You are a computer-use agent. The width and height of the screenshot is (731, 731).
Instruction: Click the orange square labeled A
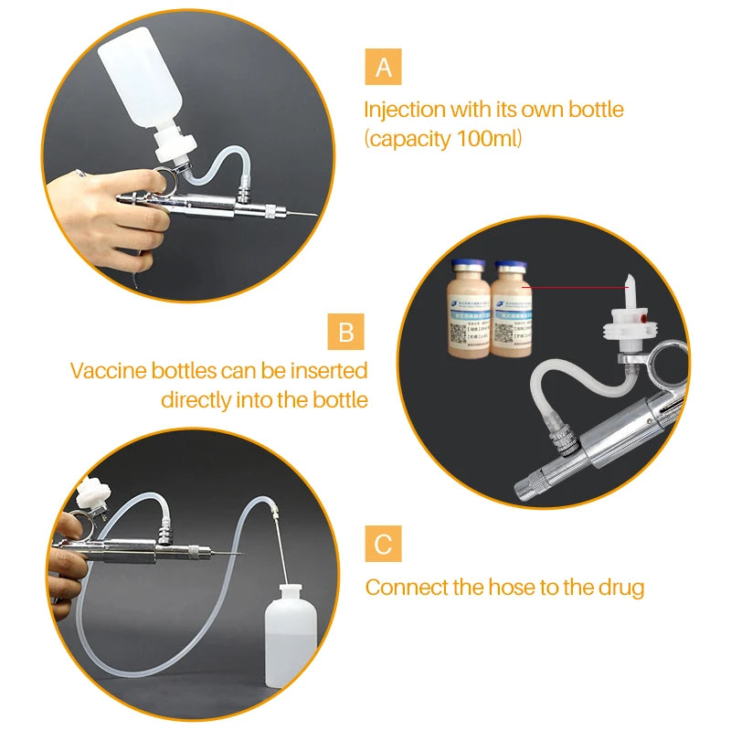point(383,69)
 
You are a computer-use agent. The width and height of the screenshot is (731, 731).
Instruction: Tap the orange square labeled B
point(345,331)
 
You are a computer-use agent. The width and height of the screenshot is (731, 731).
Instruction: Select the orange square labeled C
point(383,545)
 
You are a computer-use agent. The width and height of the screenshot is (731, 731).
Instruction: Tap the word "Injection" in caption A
point(404,111)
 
